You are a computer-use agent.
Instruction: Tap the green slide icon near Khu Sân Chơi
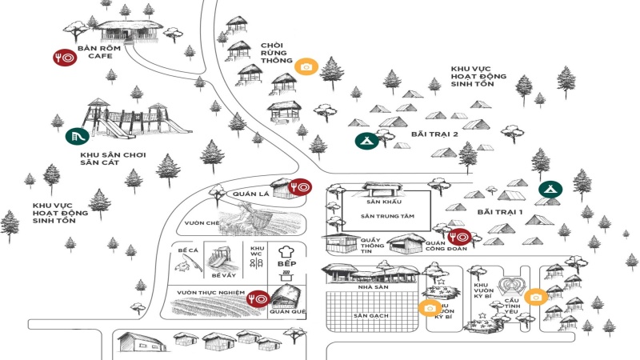[77, 136]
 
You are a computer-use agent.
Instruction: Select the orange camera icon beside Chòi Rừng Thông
[305, 66]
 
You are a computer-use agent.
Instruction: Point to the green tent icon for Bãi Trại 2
[366, 142]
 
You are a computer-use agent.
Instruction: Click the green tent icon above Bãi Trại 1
[550, 189]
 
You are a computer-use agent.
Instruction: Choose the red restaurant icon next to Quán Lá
[299, 186]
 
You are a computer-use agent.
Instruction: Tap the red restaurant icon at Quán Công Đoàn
[460, 238]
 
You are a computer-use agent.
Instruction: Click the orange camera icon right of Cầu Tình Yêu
[535, 297]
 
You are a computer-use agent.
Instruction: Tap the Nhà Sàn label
[370, 286]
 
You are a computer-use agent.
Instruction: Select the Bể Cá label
[187, 250]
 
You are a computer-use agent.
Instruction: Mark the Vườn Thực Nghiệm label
[210, 294]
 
